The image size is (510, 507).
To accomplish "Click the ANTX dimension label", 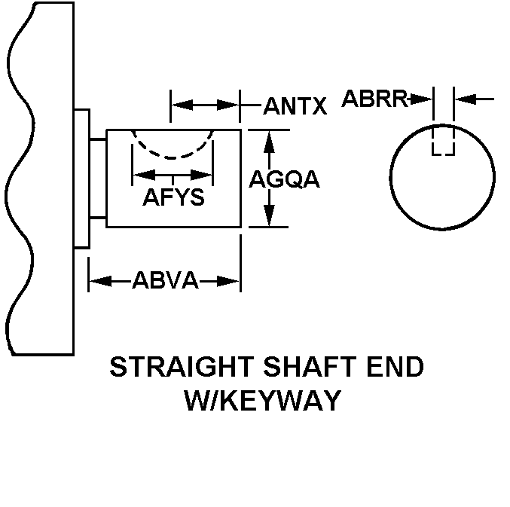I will pyautogui.click(x=295, y=107).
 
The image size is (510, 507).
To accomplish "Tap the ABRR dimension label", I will pyautogui.click(x=375, y=98).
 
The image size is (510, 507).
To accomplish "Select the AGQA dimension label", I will pyautogui.click(x=284, y=179).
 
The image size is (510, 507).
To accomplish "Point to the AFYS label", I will pyautogui.click(x=173, y=198).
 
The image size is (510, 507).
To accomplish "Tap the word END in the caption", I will pyautogui.click(x=395, y=368).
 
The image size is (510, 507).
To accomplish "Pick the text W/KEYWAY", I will pyautogui.click(x=263, y=400).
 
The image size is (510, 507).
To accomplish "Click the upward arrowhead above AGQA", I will pyautogui.click(x=269, y=137).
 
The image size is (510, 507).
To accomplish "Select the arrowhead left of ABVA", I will pyautogui.click(x=97, y=282).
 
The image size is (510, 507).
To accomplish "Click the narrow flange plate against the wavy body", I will pyautogui.click(x=82, y=178).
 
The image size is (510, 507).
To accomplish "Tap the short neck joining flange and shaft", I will pyautogui.click(x=98, y=178).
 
